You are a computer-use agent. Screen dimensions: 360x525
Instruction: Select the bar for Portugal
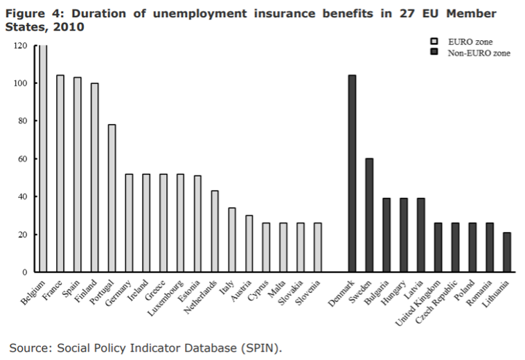click(112, 198)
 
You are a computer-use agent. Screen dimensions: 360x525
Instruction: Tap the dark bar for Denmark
click(352, 173)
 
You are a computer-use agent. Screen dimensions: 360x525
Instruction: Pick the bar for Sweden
click(369, 215)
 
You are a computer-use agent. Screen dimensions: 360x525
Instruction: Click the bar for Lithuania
click(506, 252)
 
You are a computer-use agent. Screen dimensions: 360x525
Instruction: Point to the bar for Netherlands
click(215, 231)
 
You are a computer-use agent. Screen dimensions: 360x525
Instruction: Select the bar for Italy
click(232, 240)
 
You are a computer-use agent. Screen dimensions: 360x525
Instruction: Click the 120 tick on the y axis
click(20, 46)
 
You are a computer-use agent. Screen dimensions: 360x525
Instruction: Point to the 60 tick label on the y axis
click(22, 159)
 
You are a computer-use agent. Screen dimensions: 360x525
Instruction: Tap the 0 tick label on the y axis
click(25, 272)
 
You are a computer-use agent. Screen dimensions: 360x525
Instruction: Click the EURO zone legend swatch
click(435, 42)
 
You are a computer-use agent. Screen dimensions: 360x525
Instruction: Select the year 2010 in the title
click(67, 27)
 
